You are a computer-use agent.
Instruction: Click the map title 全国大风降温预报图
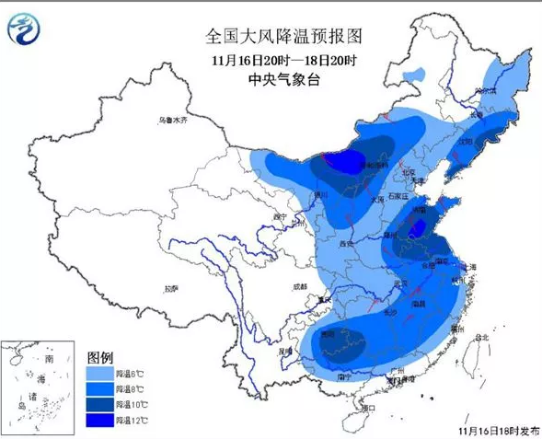tap(284, 37)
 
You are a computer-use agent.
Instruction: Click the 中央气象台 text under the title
tap(283, 80)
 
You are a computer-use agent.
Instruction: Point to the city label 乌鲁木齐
tap(171, 121)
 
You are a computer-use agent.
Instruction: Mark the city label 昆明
tap(289, 352)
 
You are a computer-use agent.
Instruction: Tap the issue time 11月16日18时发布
tap(498, 430)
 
